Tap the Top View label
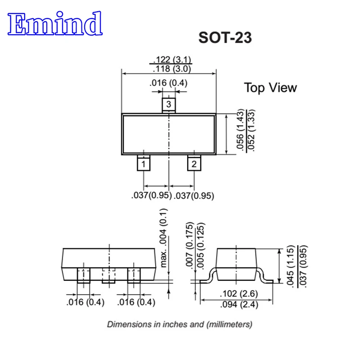[270, 87]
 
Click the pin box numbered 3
[168, 104]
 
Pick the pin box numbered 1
[143, 164]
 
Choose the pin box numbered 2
[194, 164]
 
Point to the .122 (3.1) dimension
[172, 59]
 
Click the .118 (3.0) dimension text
[172, 69]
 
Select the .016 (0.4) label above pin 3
[169, 83]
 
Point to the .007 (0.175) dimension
[190, 245]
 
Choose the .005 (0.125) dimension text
[200, 245]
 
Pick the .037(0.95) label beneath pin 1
[148, 196]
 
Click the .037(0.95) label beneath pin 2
[194, 196]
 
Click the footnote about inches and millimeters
[180, 324]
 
